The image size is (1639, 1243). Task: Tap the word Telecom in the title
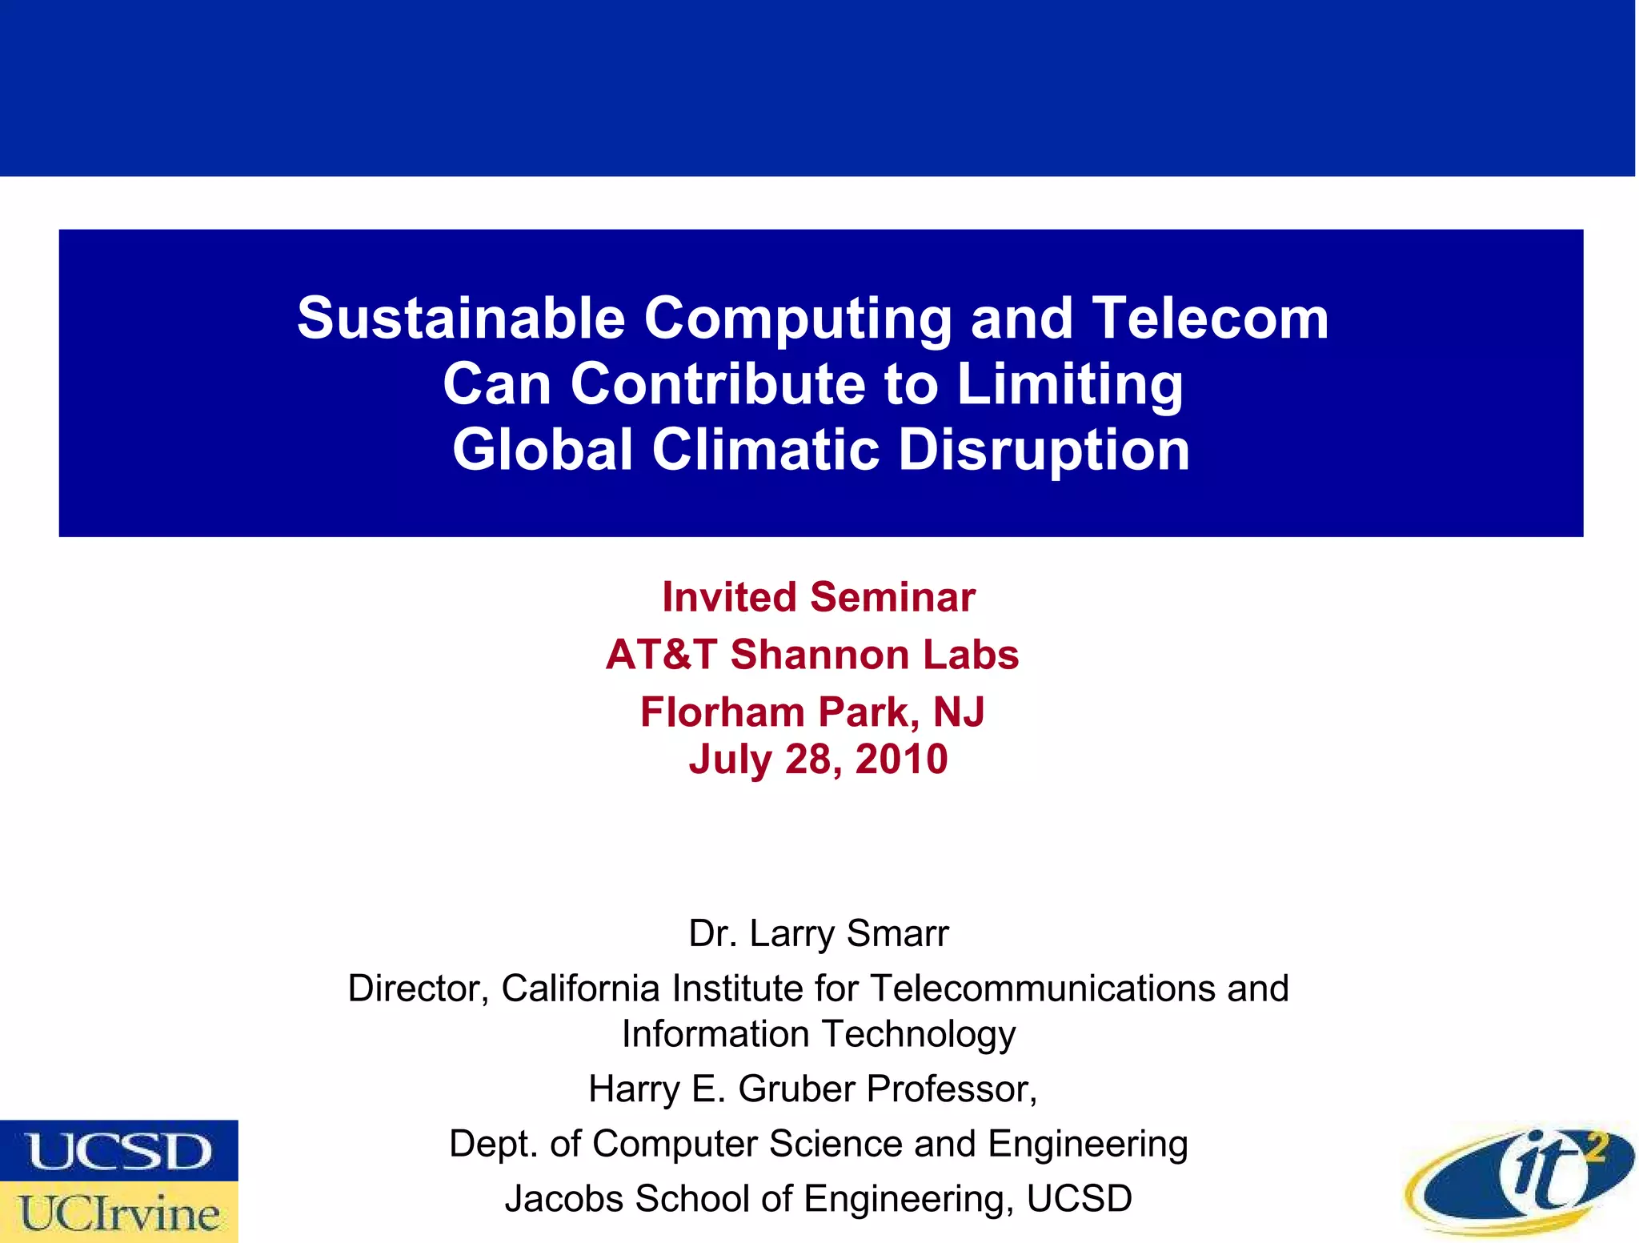click(1210, 319)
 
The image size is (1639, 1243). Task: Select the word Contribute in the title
click(718, 383)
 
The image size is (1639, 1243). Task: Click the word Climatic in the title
click(766, 449)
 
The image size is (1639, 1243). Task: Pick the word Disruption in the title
click(1044, 449)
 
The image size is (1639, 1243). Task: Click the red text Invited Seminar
click(819, 597)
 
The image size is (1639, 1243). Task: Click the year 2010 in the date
click(901, 759)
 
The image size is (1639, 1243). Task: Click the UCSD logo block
click(119, 1150)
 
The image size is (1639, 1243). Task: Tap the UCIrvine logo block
click(119, 1213)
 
